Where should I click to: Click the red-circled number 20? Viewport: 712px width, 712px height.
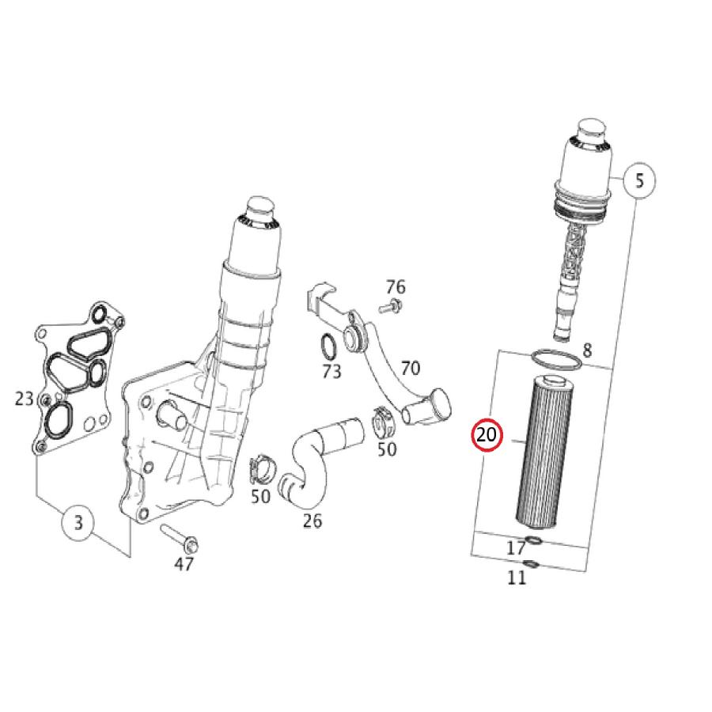(486, 435)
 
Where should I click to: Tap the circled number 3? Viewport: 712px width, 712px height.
(78, 523)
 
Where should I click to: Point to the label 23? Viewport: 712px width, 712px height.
(25, 399)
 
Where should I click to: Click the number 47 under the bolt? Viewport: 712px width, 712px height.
(184, 564)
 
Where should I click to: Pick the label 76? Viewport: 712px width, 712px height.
(396, 286)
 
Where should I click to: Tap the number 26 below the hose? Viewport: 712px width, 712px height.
(312, 521)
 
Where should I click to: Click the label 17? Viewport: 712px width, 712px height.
(516, 547)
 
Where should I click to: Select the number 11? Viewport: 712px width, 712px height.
(517, 578)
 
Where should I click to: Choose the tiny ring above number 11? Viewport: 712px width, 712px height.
(532, 563)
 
